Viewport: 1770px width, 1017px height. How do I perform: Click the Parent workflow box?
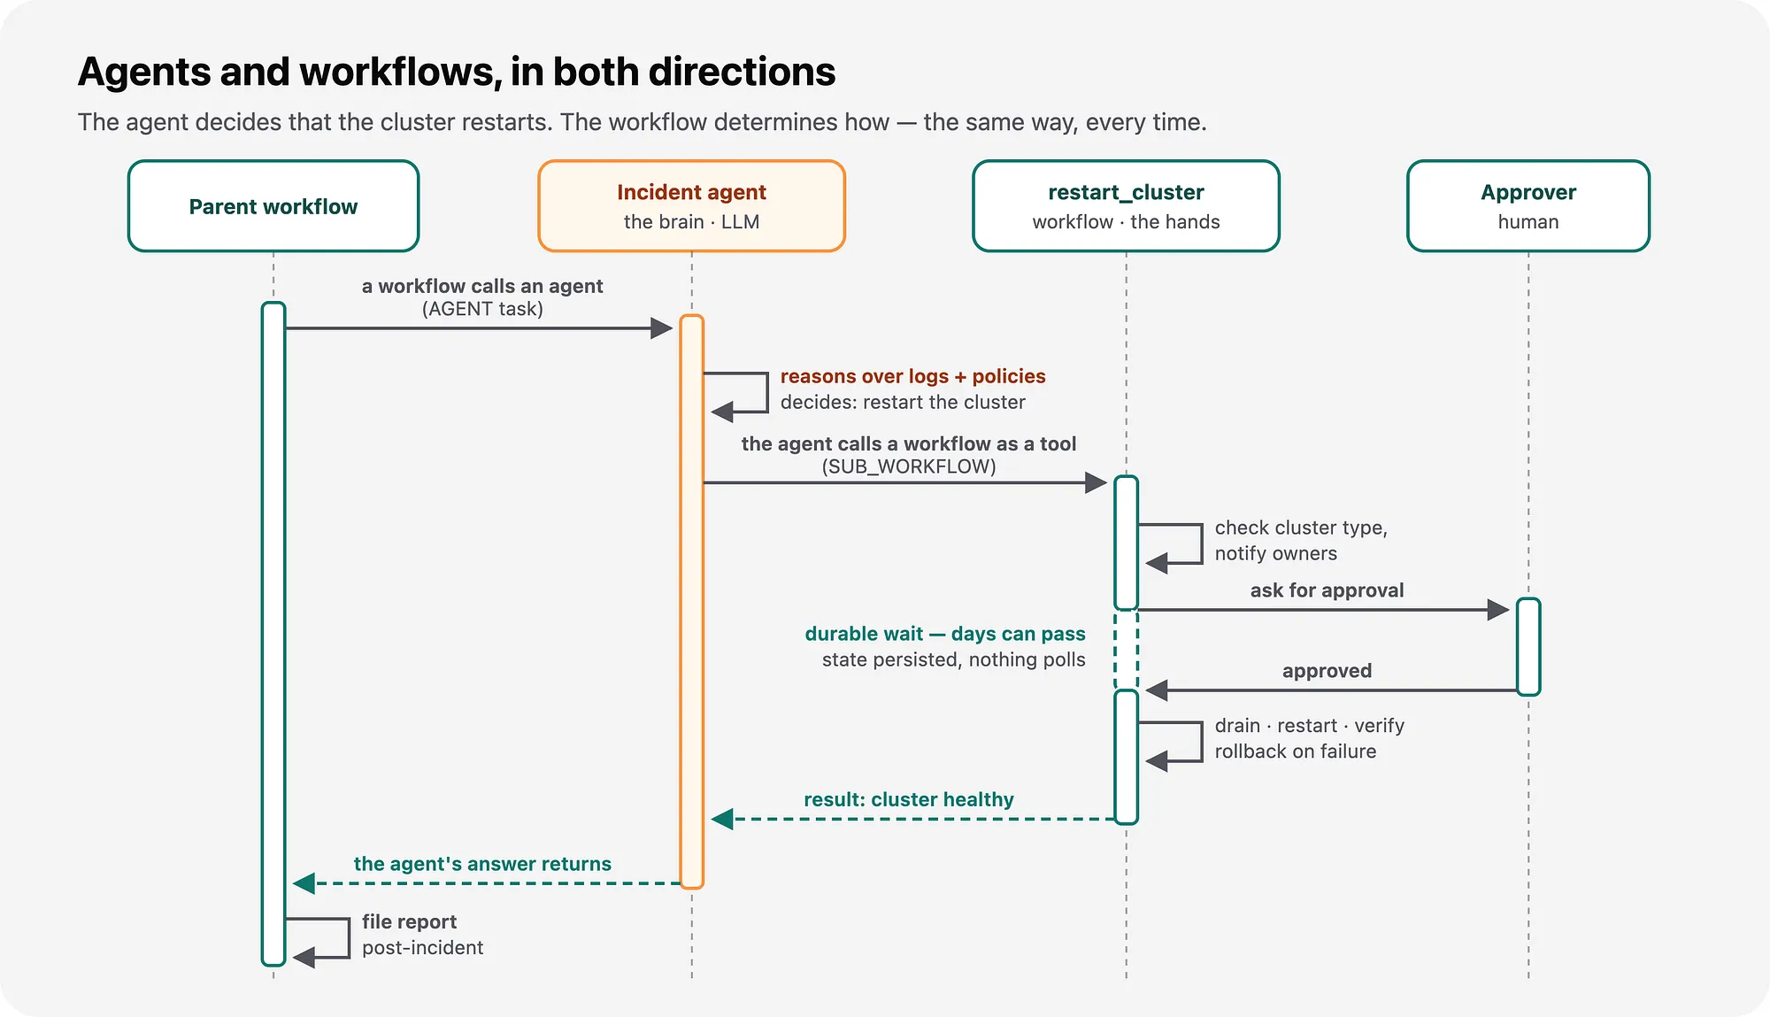coord(273,206)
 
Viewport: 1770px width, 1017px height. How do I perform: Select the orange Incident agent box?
coord(692,206)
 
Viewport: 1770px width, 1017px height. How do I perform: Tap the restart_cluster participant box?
coord(1126,206)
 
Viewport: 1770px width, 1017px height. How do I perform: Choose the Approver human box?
coord(1528,206)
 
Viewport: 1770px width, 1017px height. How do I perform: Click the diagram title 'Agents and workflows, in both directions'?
coord(457,73)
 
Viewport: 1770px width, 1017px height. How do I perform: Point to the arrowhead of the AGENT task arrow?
coord(662,328)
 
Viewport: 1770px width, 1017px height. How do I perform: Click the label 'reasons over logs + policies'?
coord(912,376)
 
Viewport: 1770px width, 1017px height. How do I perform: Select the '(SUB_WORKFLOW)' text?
coord(909,466)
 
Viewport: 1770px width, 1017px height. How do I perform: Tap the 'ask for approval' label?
coord(1327,590)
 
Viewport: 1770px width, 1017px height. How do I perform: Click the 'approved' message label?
coord(1327,671)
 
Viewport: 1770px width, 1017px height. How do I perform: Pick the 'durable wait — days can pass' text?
coord(945,634)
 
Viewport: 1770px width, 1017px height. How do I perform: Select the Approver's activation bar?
coord(1528,647)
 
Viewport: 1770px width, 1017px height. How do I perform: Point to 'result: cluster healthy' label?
coord(909,799)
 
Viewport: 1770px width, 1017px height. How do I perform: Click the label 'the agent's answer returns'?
coord(482,864)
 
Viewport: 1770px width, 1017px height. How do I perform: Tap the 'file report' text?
coord(409,921)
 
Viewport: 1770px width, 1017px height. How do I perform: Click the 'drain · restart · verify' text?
coord(1309,726)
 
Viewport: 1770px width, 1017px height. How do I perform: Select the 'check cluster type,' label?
coord(1301,528)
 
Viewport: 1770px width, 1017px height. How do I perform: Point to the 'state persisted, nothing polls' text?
coord(953,659)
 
